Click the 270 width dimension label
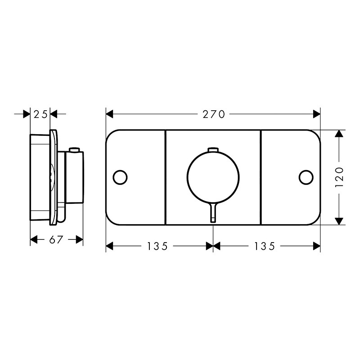213,114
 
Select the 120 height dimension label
340,177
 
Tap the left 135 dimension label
157,246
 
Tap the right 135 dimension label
265,246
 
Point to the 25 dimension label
40,114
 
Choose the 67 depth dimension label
56,240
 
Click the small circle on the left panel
120,177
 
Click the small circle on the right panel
306,177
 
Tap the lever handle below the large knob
213,213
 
